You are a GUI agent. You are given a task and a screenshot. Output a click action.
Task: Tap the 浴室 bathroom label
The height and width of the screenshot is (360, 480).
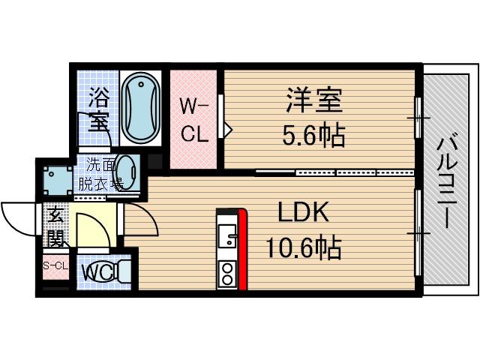click(x=98, y=109)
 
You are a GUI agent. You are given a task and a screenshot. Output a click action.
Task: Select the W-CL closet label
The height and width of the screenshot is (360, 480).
click(x=193, y=120)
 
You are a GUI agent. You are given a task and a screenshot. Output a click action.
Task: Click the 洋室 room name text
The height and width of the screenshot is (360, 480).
click(x=313, y=100)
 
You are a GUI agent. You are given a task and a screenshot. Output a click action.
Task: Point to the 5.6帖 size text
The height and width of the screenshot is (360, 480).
click(x=313, y=135)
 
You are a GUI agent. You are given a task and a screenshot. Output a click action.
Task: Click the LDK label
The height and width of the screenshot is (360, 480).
click(x=304, y=214)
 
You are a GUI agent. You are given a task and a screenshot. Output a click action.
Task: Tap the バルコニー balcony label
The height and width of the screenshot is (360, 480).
click(x=448, y=180)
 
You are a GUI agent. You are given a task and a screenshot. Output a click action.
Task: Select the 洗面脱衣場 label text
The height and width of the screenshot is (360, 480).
click(x=100, y=174)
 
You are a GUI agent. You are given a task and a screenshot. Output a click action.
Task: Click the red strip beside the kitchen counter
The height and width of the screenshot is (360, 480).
click(x=242, y=249)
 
